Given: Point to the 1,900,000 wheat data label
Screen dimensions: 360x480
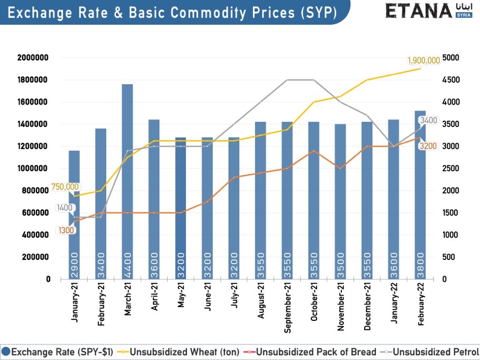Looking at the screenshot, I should (423, 60).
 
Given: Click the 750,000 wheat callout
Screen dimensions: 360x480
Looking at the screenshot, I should (65, 187).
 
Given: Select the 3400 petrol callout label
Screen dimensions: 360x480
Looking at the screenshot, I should (428, 121).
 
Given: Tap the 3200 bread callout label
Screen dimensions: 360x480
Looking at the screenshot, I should (428, 146).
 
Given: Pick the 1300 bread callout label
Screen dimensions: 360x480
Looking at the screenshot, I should (66, 230).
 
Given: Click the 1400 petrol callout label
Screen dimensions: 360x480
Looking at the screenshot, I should (65, 208).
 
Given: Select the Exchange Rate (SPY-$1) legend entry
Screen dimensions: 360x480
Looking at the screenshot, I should (56, 352).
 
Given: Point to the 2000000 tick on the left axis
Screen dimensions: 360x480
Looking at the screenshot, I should (33, 58).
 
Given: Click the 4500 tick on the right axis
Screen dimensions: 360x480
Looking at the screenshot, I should (451, 80).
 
